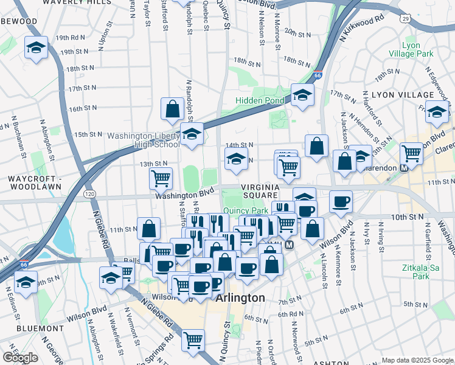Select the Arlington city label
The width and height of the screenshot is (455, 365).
[x=241, y=298]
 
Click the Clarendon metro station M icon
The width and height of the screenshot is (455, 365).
[x=403, y=168]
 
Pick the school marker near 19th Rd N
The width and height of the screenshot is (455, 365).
[x=36, y=47]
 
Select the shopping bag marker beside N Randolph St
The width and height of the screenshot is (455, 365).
[x=173, y=108]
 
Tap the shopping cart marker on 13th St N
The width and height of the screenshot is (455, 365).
[x=161, y=178]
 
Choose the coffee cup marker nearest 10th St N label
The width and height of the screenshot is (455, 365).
[x=341, y=201]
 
